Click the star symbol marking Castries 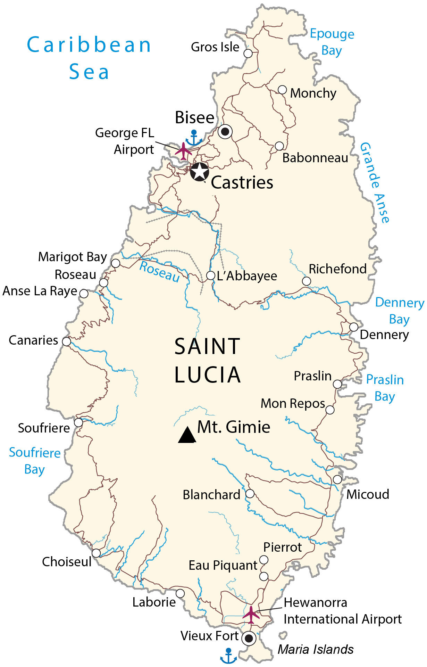pos(200,172)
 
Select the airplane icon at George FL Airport pos(184,151)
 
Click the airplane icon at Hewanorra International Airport pos(251,615)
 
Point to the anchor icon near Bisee pos(194,138)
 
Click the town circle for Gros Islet pos(248,53)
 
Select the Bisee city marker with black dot pos(225,132)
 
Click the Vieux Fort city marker pos(249,638)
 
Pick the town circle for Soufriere pos(79,422)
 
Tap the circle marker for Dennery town pos(353,327)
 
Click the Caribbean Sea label pos(89,58)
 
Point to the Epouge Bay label pos(332,42)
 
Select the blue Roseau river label pos(159,272)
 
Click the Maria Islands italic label pos(315,649)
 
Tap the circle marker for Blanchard pos(250,494)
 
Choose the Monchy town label pos(313,93)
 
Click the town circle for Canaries pos(66,341)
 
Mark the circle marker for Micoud pos(337,479)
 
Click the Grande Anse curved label pos(375,182)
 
